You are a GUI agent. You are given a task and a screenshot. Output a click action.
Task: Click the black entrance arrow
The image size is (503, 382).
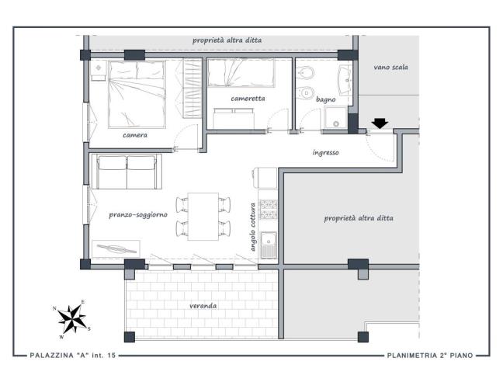click(x=380, y=123)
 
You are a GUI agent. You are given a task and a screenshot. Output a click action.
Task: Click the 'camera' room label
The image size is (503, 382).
click(x=134, y=134)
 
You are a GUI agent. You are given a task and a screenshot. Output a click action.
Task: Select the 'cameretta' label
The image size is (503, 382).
click(x=248, y=99)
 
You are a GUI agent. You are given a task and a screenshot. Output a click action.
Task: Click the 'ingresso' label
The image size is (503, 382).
click(x=324, y=152)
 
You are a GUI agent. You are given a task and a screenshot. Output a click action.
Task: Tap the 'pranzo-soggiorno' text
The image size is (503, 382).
click(x=138, y=214)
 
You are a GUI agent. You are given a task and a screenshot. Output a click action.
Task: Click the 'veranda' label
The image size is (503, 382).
click(x=203, y=306)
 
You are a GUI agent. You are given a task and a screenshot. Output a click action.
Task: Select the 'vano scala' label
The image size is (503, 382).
click(x=390, y=68)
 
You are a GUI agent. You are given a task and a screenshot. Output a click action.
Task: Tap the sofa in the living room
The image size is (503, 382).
click(x=125, y=171)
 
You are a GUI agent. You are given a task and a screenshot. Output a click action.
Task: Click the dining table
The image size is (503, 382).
click(x=203, y=216)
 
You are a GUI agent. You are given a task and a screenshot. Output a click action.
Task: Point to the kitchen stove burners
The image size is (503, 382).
click(x=269, y=210)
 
